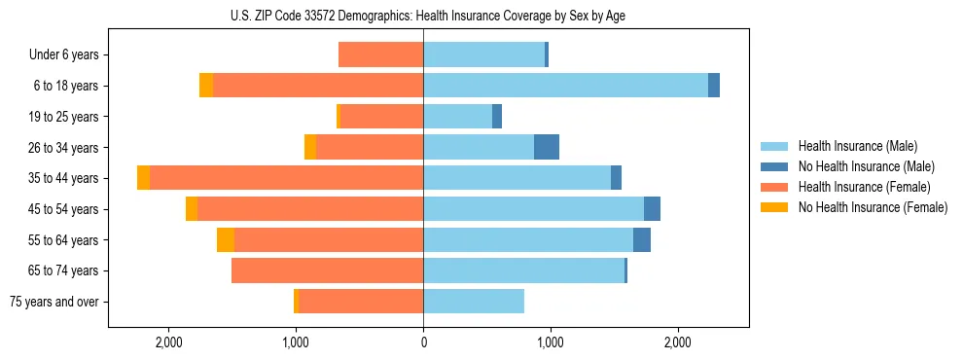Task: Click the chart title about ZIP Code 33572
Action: click(x=423, y=16)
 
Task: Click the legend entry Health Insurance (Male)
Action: click(x=857, y=146)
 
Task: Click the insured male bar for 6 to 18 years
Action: click(x=565, y=86)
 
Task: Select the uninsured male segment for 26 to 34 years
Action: click(x=547, y=147)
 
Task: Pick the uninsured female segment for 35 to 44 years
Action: click(x=144, y=178)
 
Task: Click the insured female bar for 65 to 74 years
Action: click(x=327, y=270)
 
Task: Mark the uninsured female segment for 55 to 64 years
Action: click(x=226, y=239)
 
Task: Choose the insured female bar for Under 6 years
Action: click(x=380, y=54)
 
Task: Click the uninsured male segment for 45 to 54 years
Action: click(x=652, y=209)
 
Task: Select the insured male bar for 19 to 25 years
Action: click(x=457, y=117)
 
